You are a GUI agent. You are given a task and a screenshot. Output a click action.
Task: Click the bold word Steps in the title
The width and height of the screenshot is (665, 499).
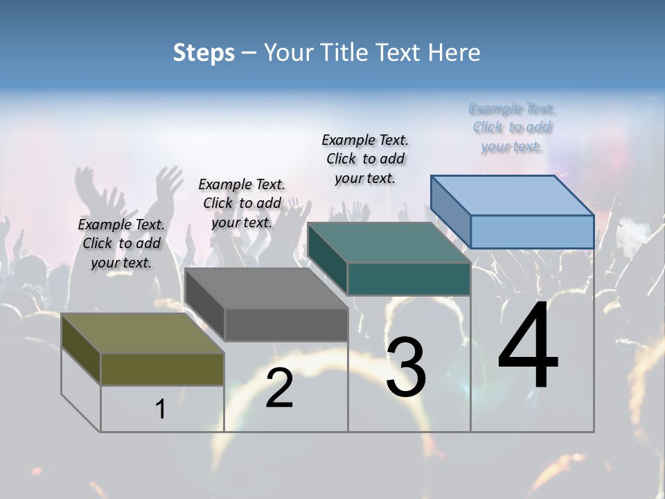(x=204, y=53)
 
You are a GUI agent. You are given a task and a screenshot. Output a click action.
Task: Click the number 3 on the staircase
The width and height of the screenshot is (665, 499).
(x=405, y=367)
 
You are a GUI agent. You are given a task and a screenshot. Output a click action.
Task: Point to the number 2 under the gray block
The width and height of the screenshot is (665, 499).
(x=279, y=388)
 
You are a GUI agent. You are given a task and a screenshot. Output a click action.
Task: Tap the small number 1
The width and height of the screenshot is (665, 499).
(x=161, y=409)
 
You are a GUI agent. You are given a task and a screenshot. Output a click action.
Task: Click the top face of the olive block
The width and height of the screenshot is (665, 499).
(x=142, y=333)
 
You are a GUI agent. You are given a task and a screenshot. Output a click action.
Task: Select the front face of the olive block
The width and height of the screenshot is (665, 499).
(x=162, y=369)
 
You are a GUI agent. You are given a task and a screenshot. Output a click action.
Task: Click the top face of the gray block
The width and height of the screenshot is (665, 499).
(x=266, y=288)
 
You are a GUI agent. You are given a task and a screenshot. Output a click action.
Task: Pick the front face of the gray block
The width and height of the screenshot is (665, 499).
(x=286, y=324)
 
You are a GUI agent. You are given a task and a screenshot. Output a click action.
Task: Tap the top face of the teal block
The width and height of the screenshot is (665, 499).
(x=389, y=243)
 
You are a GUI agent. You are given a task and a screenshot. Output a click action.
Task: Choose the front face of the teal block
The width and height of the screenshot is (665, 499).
(x=409, y=279)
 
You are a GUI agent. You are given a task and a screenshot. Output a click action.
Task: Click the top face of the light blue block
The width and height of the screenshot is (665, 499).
(x=512, y=195)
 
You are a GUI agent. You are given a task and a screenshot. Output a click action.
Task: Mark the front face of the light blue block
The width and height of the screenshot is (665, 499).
(x=532, y=231)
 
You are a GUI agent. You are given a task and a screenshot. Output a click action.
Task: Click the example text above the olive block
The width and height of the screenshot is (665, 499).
(x=121, y=243)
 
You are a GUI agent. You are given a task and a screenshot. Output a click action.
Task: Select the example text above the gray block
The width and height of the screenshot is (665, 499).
(x=242, y=203)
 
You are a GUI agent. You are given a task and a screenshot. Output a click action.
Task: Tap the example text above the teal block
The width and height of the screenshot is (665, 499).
(x=365, y=159)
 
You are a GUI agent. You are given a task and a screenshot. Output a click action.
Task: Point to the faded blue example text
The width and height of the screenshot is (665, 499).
(x=512, y=128)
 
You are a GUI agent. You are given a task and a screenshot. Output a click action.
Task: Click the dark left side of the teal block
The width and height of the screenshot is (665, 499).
(x=327, y=258)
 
